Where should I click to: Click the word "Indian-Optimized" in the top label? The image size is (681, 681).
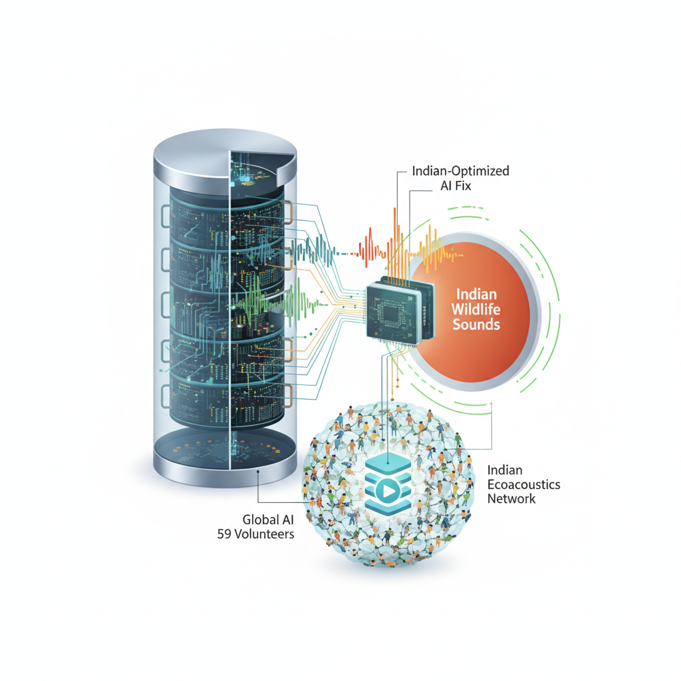[460, 171]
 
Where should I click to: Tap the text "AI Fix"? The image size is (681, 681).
[456, 186]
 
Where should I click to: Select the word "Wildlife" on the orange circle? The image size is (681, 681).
[476, 309]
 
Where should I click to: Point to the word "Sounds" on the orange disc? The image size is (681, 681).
[476, 325]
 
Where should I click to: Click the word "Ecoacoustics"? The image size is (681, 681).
[524, 485]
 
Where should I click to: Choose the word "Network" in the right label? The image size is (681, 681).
[511, 499]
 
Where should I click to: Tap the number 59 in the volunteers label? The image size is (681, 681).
[224, 534]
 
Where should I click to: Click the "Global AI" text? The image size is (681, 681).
[268, 519]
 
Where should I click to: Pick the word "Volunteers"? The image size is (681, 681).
[264, 534]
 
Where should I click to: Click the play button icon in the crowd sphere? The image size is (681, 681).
[388, 491]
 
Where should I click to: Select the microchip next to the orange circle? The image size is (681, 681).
[400, 311]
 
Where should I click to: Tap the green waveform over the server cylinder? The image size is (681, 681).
[278, 300]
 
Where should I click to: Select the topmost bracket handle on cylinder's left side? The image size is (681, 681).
[166, 216]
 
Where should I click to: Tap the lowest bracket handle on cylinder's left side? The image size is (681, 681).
[166, 396]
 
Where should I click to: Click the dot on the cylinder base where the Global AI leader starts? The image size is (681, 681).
[258, 471]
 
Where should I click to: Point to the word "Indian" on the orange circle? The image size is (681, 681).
[476, 294]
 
